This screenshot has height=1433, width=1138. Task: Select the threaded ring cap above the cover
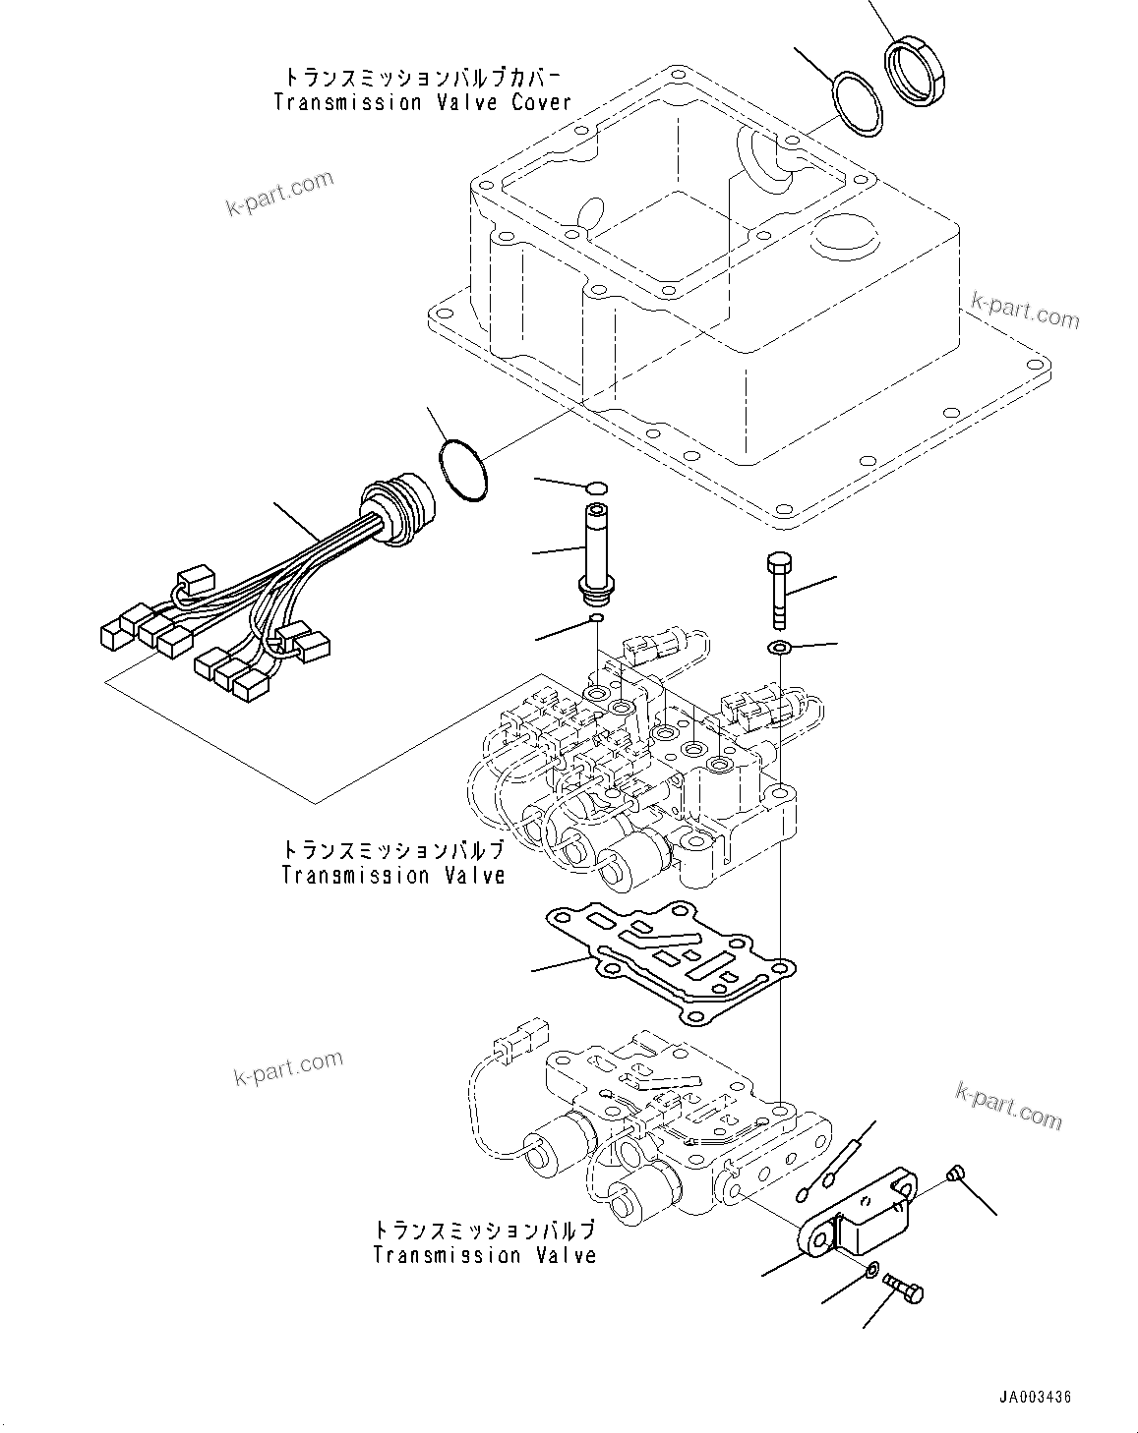click(918, 70)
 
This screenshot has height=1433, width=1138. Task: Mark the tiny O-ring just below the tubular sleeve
click(595, 619)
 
